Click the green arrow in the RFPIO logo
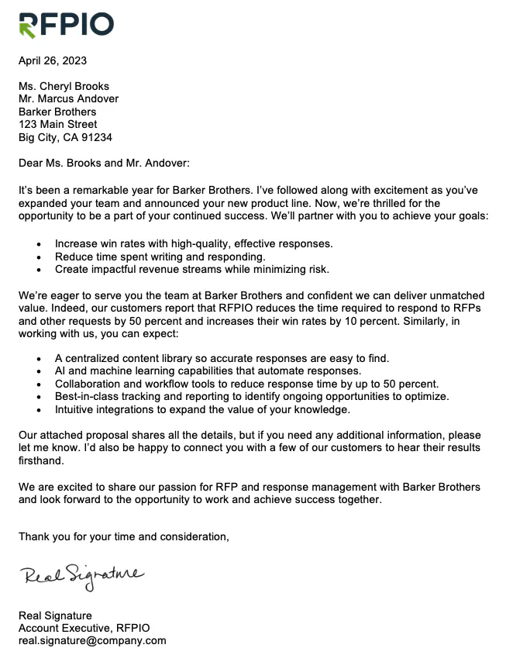[x=27, y=29]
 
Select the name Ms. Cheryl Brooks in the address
[x=64, y=86]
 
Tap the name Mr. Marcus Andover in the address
[x=69, y=99]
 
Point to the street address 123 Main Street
[x=58, y=125]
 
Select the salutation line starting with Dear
[x=104, y=163]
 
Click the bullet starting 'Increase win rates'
[x=194, y=243]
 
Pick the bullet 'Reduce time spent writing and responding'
[x=160, y=257]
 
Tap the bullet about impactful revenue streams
[x=192, y=270]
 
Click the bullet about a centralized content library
[x=222, y=358]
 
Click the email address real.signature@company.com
[x=92, y=641]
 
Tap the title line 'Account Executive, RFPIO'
[x=84, y=629]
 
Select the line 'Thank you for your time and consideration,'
[x=124, y=536]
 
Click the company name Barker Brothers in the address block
[x=57, y=112]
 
